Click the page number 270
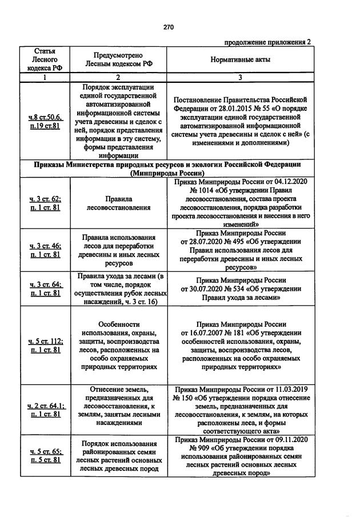click(167, 27)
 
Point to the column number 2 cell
click(118, 77)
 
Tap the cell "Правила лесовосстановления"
click(118, 204)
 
